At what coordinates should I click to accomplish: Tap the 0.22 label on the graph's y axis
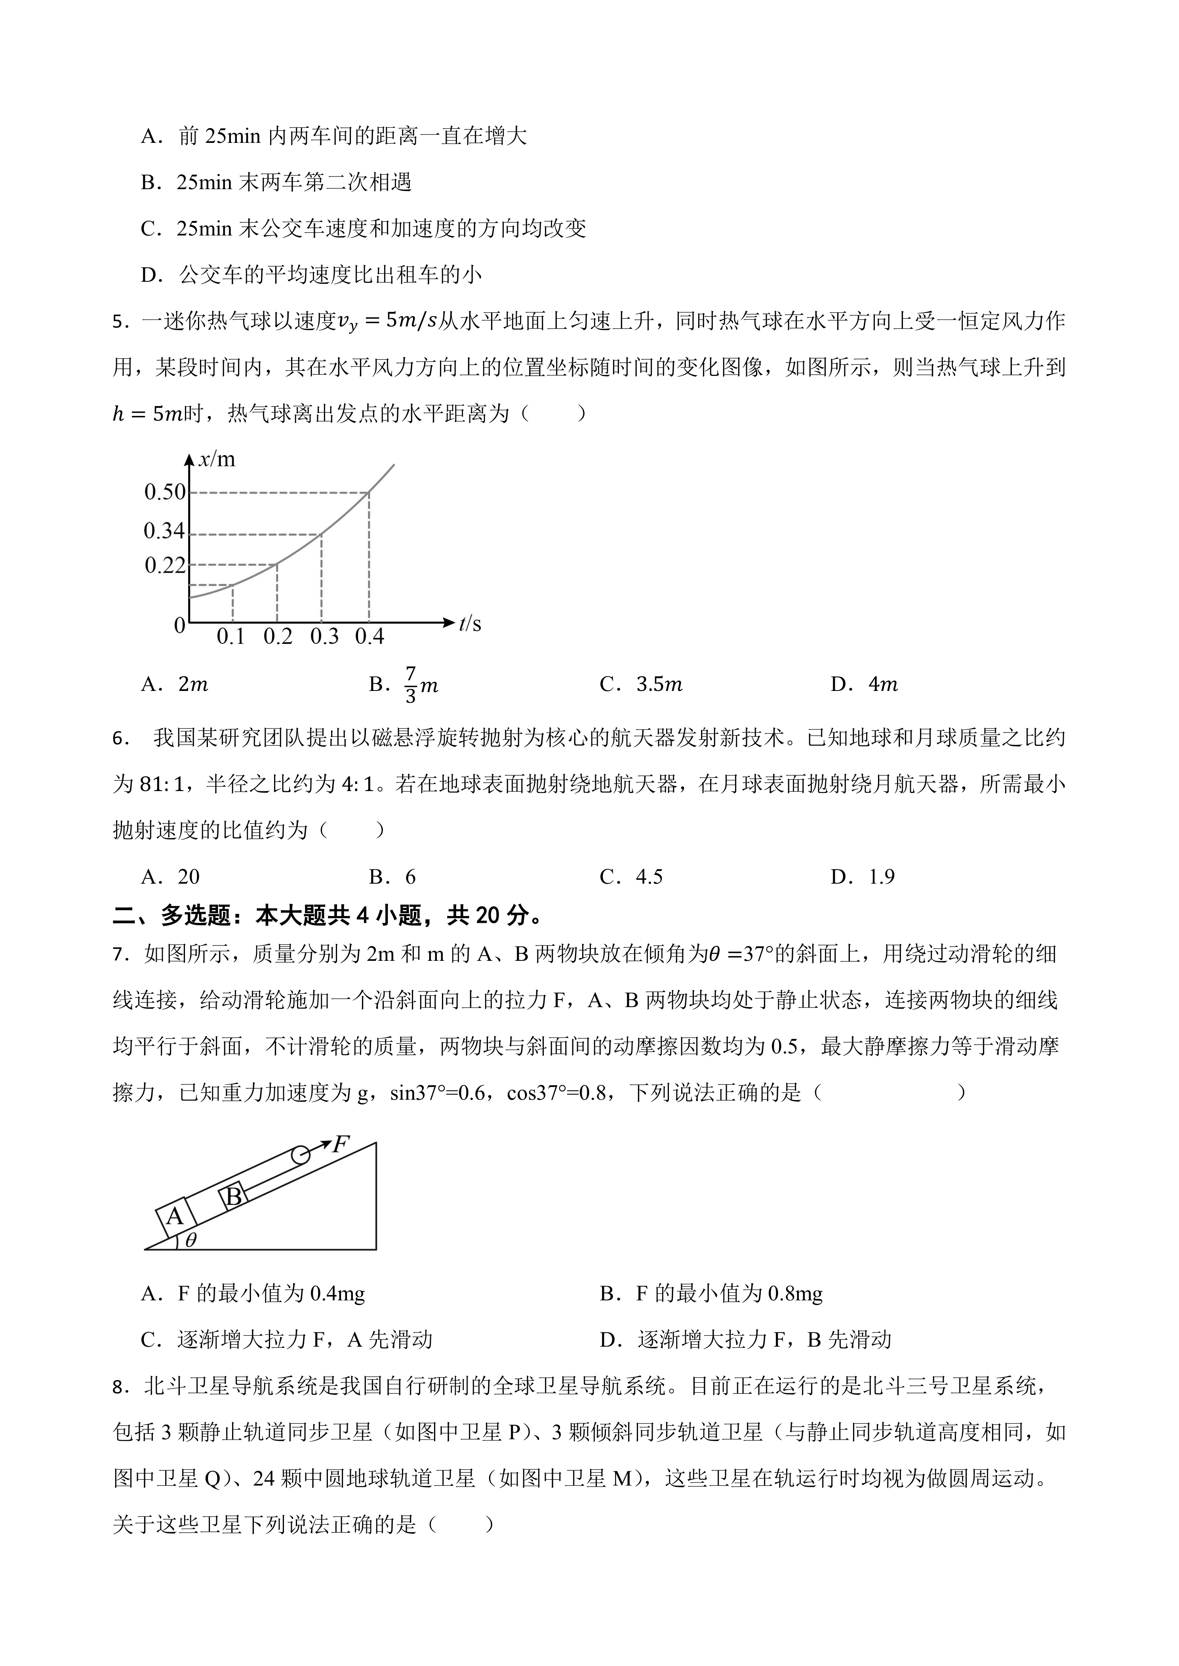(x=166, y=565)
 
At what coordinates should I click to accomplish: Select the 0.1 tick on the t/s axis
(x=231, y=637)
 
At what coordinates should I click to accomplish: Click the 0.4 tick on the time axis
(x=370, y=637)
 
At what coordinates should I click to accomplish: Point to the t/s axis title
(x=470, y=624)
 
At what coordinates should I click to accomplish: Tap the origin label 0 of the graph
(x=179, y=626)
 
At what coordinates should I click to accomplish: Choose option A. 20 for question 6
(x=171, y=877)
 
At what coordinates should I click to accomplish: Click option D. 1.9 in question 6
(x=863, y=877)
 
